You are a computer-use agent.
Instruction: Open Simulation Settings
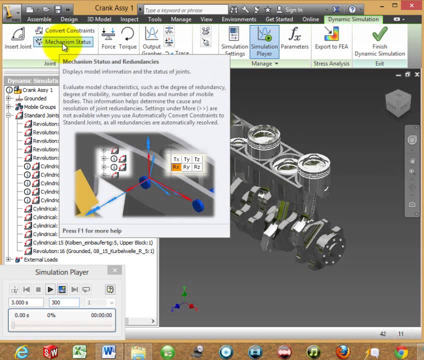pyautogui.click(x=234, y=41)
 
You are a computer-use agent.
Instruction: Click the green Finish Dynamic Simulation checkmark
pyautogui.click(x=379, y=35)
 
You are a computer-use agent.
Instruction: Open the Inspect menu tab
pyautogui.click(x=129, y=19)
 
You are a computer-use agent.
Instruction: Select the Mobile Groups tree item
pyautogui.click(x=39, y=107)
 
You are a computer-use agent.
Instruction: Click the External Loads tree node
pyautogui.click(x=40, y=259)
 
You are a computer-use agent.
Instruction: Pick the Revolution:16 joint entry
pyautogui.click(x=93, y=251)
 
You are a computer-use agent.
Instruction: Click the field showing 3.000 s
pyautogui.click(x=27, y=302)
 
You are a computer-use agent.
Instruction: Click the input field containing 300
pyautogui.click(x=63, y=302)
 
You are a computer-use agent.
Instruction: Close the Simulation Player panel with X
pyautogui.click(x=114, y=270)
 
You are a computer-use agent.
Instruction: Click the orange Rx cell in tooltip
pyautogui.click(x=176, y=167)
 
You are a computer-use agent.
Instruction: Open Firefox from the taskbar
pyautogui.click(x=342, y=351)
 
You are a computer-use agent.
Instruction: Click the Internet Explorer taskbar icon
pyautogui.click(x=20, y=351)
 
